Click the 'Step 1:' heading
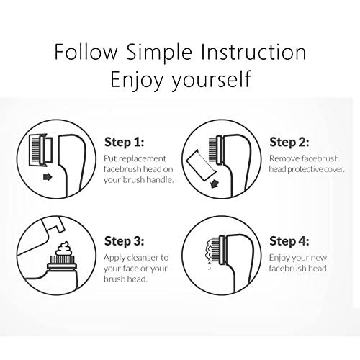(x=125, y=142)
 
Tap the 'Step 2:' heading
(x=289, y=142)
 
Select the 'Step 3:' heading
(x=125, y=241)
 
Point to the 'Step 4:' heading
(x=289, y=241)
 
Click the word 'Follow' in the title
(x=86, y=52)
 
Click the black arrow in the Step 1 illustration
(x=48, y=177)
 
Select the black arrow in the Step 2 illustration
(x=214, y=184)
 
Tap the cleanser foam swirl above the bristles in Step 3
(x=63, y=248)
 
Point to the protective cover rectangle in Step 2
(x=201, y=166)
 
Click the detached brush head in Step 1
(x=40, y=150)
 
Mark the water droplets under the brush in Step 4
(x=210, y=266)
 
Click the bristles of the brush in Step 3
(x=62, y=259)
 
